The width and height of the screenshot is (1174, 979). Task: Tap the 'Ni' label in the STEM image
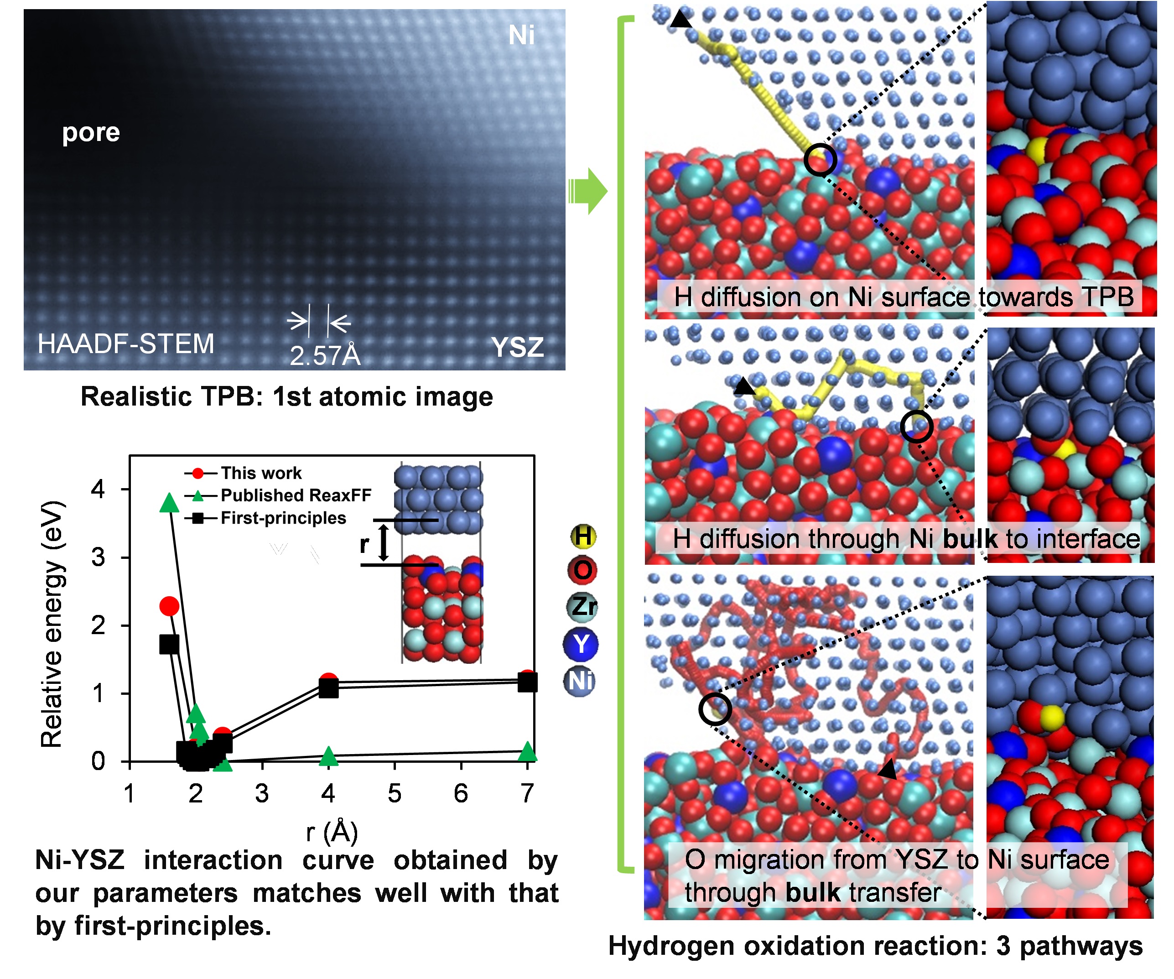(521, 36)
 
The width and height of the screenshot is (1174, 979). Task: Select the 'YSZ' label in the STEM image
(517, 347)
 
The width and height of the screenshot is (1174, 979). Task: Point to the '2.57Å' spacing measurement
(325, 355)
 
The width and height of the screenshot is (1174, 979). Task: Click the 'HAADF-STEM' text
(126, 344)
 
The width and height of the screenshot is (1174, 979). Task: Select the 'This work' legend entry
(260, 473)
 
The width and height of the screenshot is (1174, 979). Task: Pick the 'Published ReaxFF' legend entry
(295, 495)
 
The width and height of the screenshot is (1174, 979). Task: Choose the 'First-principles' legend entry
(283, 518)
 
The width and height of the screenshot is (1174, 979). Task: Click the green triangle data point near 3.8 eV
(169, 503)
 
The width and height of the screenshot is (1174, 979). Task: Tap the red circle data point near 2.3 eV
(169, 605)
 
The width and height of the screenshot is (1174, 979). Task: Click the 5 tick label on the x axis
(395, 793)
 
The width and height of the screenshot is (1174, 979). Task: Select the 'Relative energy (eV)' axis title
(52, 624)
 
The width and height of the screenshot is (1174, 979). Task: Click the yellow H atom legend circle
(582, 536)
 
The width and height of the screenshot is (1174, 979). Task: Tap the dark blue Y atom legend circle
(581, 644)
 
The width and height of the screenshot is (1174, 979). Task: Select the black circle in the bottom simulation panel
(715, 709)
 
